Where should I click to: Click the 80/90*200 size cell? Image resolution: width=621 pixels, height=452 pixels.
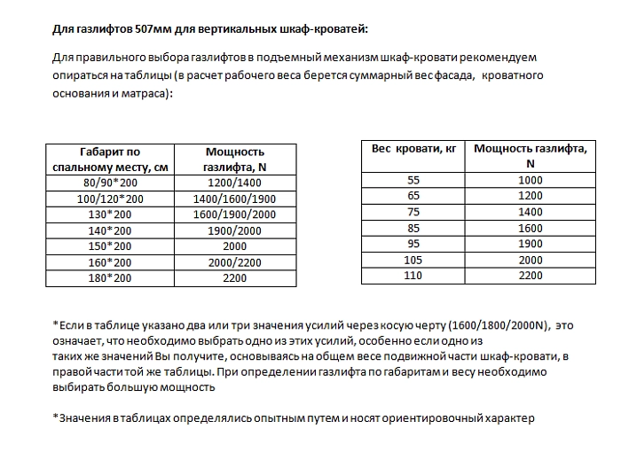(x=109, y=182)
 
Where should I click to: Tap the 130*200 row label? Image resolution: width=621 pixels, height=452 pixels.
(x=109, y=214)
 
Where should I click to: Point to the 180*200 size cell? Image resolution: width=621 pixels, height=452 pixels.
(x=109, y=277)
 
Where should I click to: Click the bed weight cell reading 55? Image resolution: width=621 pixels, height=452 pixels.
(x=413, y=180)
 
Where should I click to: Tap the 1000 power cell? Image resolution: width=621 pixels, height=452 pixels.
(x=530, y=180)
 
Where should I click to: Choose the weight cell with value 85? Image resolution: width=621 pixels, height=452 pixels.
(x=413, y=228)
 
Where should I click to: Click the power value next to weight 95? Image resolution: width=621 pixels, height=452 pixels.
(x=530, y=244)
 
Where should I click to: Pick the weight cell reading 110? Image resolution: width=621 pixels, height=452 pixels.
(x=413, y=276)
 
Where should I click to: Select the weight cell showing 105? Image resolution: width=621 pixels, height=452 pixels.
(x=413, y=260)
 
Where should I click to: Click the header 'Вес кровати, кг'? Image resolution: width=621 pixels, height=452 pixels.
(x=413, y=149)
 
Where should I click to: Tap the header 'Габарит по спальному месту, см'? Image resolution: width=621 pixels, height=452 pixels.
(x=109, y=159)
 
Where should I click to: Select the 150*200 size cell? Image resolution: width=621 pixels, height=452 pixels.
(x=109, y=245)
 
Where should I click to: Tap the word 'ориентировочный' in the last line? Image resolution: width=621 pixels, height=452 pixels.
(x=416, y=417)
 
